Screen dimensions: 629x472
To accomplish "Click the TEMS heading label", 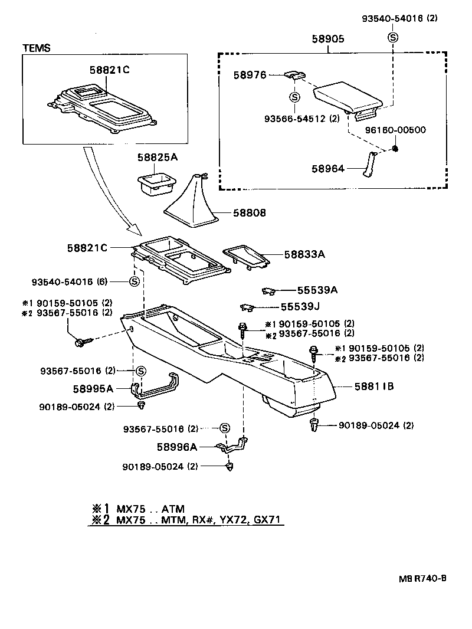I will coord(36,47).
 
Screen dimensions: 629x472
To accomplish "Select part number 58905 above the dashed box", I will coord(328,40).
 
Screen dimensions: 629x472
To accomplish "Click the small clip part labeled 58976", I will coord(294,75).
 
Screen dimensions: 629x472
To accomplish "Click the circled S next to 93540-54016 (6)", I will coord(134,281).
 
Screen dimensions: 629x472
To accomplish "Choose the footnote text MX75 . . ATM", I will coord(150,509).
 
